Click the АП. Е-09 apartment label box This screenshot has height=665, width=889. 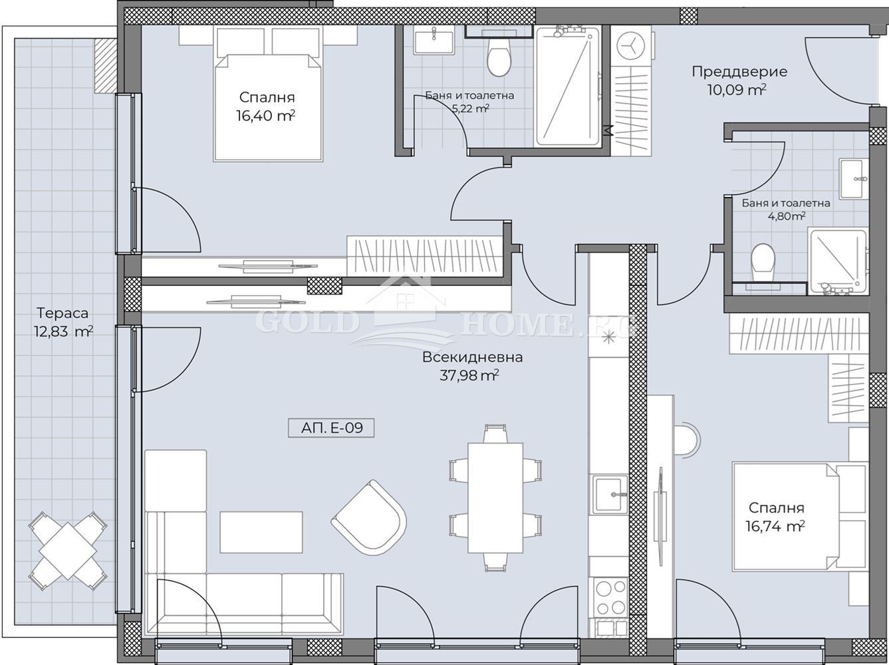[331, 428]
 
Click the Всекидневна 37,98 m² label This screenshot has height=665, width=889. [472, 366]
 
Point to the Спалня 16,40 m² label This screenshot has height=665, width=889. [266, 106]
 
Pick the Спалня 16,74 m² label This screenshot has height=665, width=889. [776, 517]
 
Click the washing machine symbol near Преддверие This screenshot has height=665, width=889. [630, 46]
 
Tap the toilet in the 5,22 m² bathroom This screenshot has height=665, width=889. [499, 58]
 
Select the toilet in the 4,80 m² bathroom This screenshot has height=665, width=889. [763, 261]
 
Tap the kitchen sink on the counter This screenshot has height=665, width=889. [610, 495]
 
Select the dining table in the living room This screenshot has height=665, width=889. [495, 497]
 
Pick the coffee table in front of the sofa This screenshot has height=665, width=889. [261, 532]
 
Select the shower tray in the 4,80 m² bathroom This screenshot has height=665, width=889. [838, 261]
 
